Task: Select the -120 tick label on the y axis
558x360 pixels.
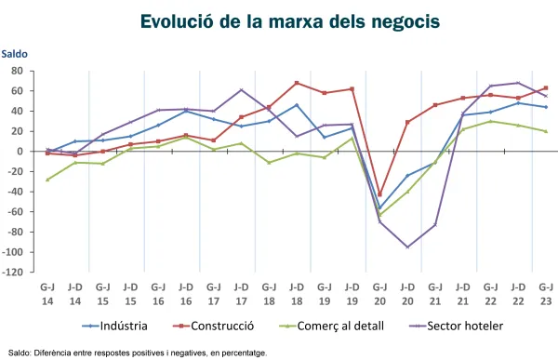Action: coord(13,273)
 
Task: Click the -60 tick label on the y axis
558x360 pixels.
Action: coord(15,212)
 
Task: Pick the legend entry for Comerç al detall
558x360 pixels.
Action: coord(339,326)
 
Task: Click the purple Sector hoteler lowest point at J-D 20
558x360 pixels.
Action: coord(407,247)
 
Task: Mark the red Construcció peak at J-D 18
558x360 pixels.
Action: coord(297,83)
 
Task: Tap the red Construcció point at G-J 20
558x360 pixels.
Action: coord(379,194)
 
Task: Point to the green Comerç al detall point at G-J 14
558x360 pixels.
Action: coord(47,180)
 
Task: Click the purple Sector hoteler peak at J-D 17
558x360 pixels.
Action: coord(241,90)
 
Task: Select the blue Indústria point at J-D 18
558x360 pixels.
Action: coord(297,104)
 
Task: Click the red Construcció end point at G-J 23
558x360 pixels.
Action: coord(546,87)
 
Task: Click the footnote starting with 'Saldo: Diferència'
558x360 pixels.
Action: coord(137,353)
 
